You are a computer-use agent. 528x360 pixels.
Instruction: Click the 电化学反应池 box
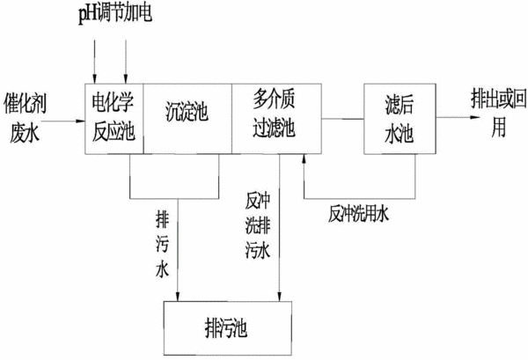click(114, 119)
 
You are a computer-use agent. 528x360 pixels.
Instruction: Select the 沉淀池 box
click(187, 119)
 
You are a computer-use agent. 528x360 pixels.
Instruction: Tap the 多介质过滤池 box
click(276, 119)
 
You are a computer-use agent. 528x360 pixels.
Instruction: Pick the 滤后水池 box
click(400, 119)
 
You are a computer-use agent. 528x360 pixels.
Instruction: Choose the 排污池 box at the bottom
click(228, 328)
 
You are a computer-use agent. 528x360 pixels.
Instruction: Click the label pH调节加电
click(115, 14)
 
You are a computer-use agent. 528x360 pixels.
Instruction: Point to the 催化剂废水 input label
click(25, 118)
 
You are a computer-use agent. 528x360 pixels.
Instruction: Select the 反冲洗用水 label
click(358, 214)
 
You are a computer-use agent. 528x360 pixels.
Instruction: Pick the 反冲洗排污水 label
click(258, 225)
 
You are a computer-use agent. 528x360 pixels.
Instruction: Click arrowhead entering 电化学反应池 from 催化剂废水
click(81, 121)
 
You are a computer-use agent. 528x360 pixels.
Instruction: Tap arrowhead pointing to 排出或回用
click(475, 118)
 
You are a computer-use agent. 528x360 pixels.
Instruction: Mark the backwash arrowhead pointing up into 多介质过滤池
click(304, 158)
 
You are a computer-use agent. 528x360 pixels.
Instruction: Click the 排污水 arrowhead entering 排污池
click(178, 297)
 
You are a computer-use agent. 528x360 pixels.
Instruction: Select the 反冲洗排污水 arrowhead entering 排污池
click(279, 297)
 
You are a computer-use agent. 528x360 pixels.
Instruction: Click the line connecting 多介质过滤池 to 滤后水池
click(343, 119)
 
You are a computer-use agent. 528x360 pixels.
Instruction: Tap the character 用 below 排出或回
click(499, 128)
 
